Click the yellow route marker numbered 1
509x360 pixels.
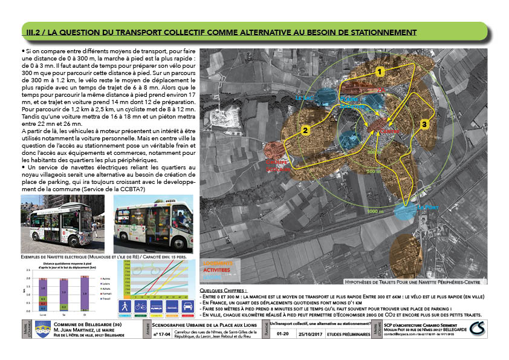(380, 72)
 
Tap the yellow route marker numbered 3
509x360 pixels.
(424, 124)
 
